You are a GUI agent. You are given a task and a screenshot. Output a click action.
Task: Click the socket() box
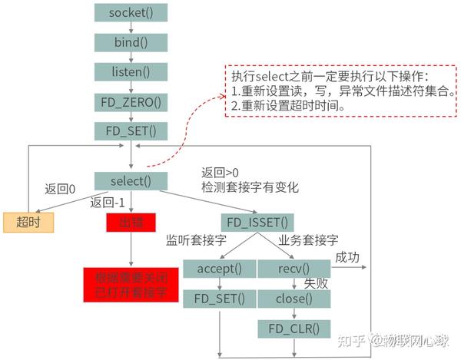[x=131, y=13]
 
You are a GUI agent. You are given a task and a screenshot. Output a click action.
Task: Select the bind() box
[x=131, y=42]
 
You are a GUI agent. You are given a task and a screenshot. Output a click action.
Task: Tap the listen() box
[x=131, y=71]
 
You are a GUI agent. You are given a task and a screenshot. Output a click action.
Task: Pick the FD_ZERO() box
[x=131, y=101]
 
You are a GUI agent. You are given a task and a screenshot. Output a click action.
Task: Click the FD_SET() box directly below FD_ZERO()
[x=131, y=130]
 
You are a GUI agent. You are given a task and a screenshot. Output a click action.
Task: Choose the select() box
[x=131, y=181]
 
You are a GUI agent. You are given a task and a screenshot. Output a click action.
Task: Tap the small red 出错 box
[x=131, y=222]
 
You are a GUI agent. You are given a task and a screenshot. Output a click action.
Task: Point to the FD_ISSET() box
[x=257, y=223]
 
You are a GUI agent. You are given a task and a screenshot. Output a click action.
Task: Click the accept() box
[x=219, y=269]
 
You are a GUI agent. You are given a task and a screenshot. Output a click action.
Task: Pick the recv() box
[x=294, y=269]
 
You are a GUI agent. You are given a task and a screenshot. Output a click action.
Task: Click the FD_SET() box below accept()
[x=219, y=298]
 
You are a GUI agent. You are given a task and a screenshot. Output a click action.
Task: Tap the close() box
[x=294, y=298]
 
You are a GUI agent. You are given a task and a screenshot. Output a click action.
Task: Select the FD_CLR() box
[x=294, y=329]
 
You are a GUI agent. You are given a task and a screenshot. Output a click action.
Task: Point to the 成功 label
[x=347, y=257]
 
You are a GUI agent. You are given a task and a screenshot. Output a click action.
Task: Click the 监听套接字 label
[x=195, y=241]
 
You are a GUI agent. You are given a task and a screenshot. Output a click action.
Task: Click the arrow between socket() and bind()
[x=131, y=28]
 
